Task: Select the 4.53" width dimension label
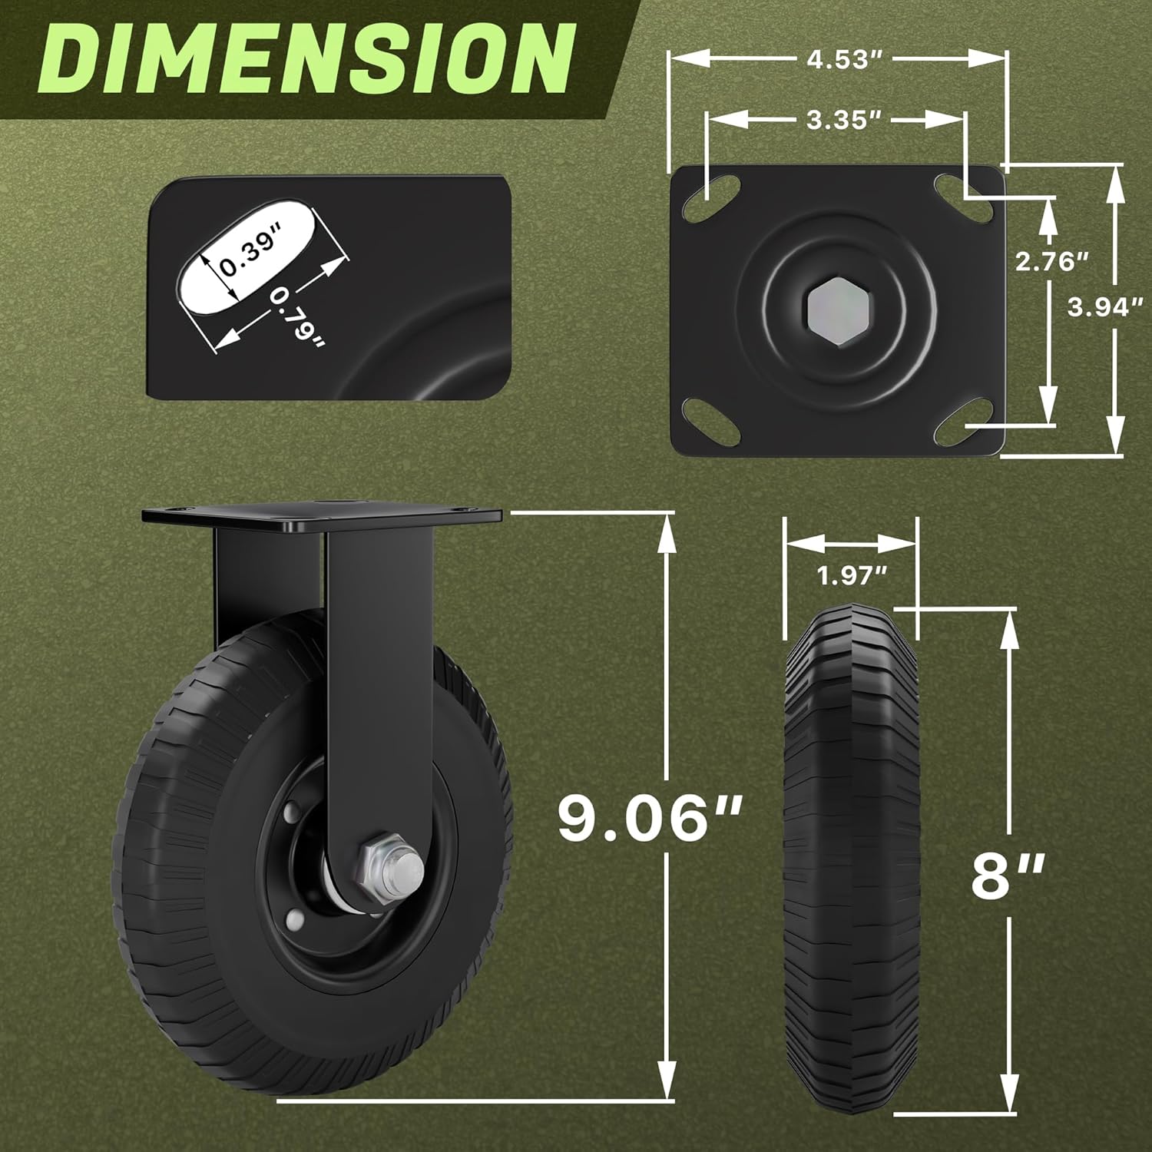coord(842,60)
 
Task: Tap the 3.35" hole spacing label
coord(842,120)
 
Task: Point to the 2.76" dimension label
coord(1052,262)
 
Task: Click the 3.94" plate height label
coord(1106,307)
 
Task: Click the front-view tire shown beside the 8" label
coord(852,868)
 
